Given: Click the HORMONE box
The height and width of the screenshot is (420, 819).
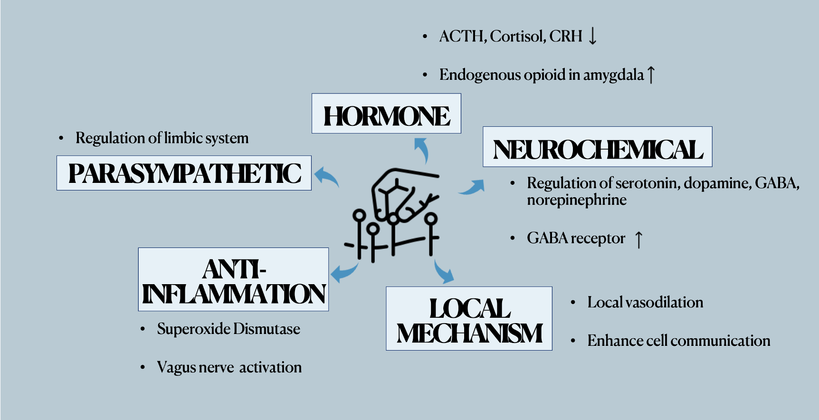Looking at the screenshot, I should point(386,114).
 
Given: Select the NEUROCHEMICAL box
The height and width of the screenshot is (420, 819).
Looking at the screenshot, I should point(597,147).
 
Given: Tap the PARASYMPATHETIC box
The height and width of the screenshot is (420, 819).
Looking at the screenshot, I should point(184,173).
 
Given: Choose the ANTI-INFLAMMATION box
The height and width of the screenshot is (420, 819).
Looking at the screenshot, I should point(233,279).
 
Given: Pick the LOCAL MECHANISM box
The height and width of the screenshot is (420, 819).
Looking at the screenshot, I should point(469,318).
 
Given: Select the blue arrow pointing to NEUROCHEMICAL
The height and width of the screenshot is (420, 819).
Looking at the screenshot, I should point(472,187).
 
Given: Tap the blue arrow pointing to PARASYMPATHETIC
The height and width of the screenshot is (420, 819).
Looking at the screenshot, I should point(326,177).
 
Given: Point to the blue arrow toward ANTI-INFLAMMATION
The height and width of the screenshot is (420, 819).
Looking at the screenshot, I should point(343,272).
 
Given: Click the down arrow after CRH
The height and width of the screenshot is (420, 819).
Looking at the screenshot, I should point(592,36).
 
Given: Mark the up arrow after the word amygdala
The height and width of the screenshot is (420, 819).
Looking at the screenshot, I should point(651,75).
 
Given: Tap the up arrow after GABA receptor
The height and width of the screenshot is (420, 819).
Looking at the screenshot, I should point(639,239).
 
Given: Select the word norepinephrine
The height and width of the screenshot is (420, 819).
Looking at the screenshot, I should point(576,200).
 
